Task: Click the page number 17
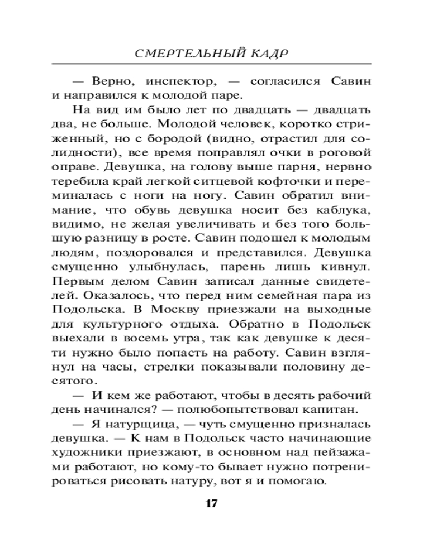click(211, 504)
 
